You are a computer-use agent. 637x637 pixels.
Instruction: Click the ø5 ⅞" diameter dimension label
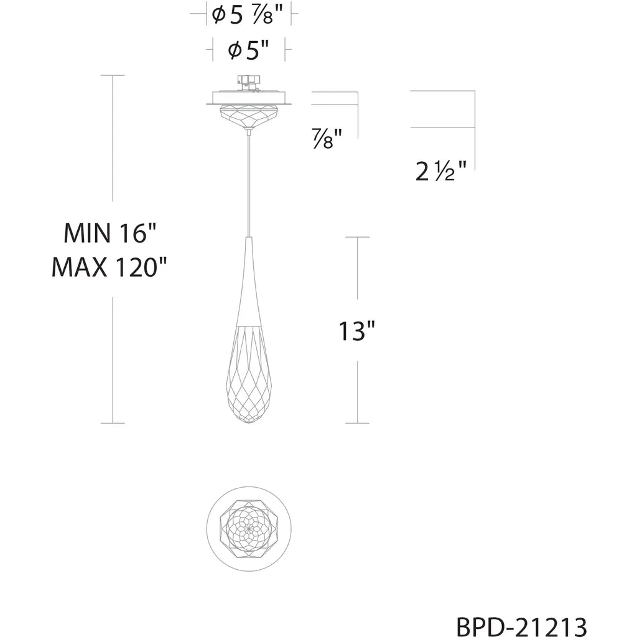click(x=247, y=16)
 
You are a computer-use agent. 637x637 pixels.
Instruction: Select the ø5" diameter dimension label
click(x=248, y=50)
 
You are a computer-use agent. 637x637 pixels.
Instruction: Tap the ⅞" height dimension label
click(x=327, y=139)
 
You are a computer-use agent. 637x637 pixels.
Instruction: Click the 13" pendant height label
click(x=356, y=331)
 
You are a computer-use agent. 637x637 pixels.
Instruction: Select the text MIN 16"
click(x=109, y=233)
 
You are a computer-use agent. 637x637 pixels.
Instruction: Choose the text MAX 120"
click(x=109, y=267)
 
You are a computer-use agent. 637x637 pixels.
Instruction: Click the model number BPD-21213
click(x=522, y=626)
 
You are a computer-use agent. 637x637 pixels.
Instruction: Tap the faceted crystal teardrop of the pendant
click(x=249, y=374)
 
